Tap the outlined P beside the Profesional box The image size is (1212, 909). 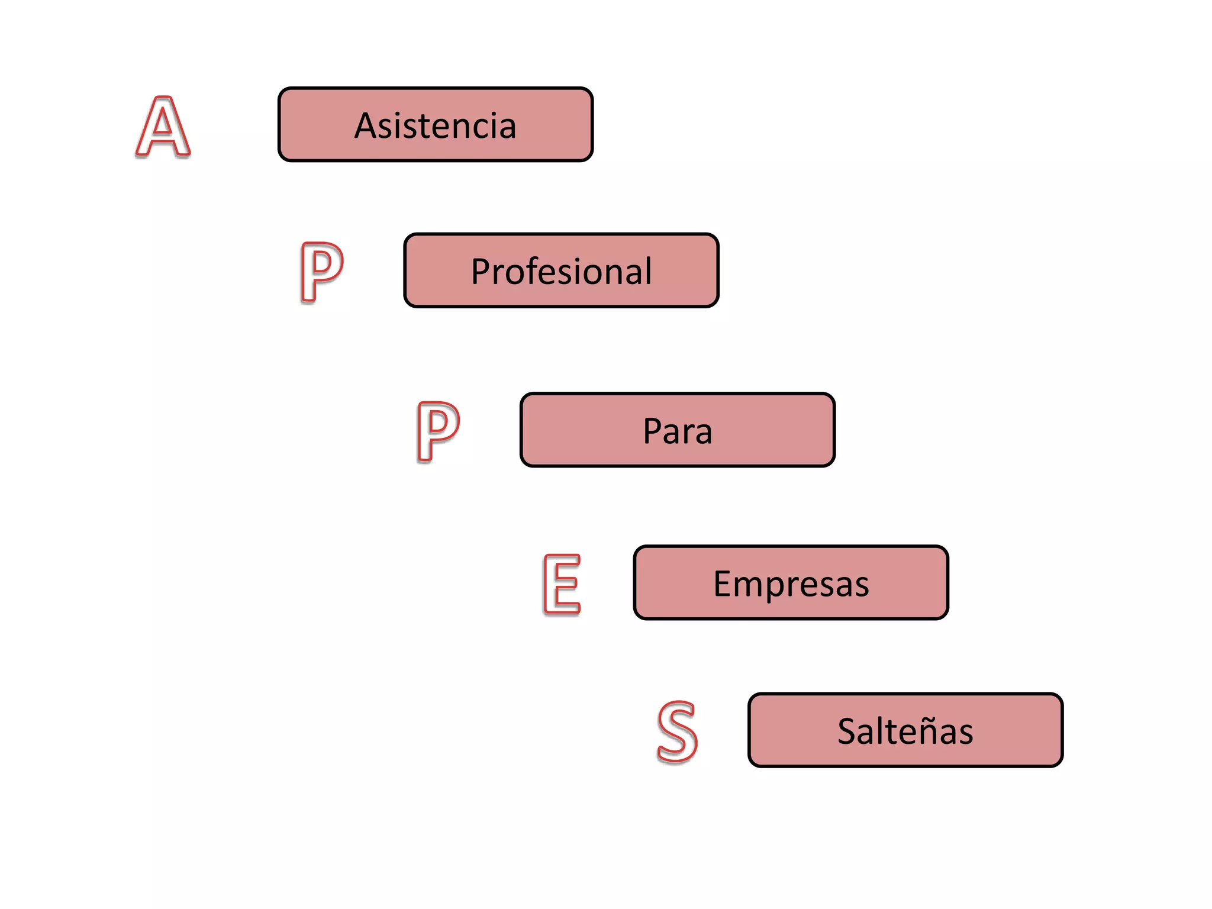(x=320, y=272)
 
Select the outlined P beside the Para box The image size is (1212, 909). (x=437, y=431)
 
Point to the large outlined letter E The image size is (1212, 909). (x=562, y=584)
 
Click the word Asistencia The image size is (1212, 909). (x=435, y=125)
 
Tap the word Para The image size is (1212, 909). (x=677, y=431)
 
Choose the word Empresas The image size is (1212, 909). (x=791, y=584)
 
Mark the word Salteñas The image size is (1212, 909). (x=905, y=731)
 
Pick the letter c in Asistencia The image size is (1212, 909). (x=480, y=127)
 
